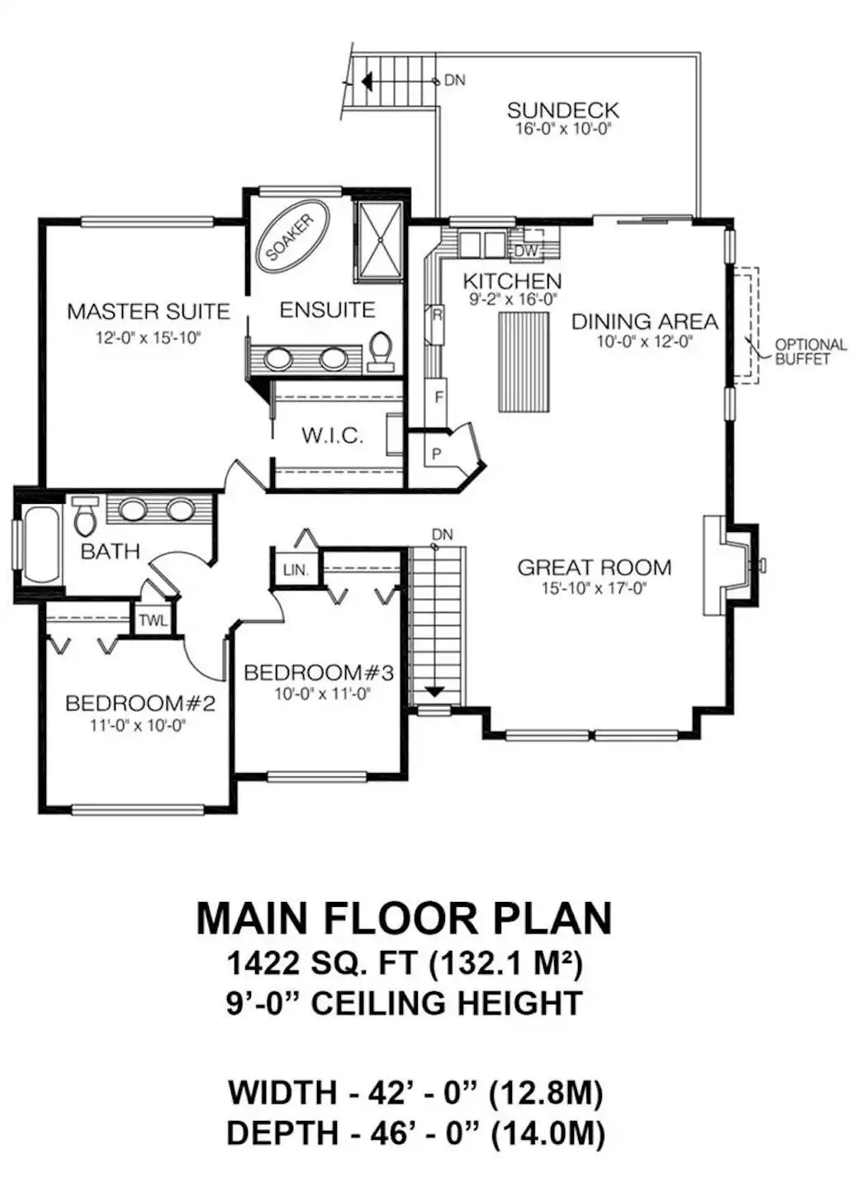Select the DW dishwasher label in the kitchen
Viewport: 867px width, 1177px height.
(x=526, y=251)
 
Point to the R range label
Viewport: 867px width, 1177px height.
(x=436, y=316)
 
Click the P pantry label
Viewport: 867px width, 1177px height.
(x=436, y=454)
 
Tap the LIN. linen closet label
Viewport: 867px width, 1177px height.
(x=296, y=570)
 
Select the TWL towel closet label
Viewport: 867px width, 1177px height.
(x=153, y=621)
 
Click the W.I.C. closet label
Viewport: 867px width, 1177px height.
(x=333, y=435)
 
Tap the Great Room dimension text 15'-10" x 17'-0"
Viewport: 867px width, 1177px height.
(x=594, y=588)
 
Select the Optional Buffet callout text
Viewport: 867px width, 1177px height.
(x=811, y=352)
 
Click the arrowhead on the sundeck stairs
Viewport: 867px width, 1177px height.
(x=367, y=81)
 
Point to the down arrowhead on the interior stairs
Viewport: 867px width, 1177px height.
(x=433, y=692)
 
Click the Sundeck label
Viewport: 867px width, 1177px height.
(x=563, y=111)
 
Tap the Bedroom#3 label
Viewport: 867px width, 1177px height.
(x=319, y=673)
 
